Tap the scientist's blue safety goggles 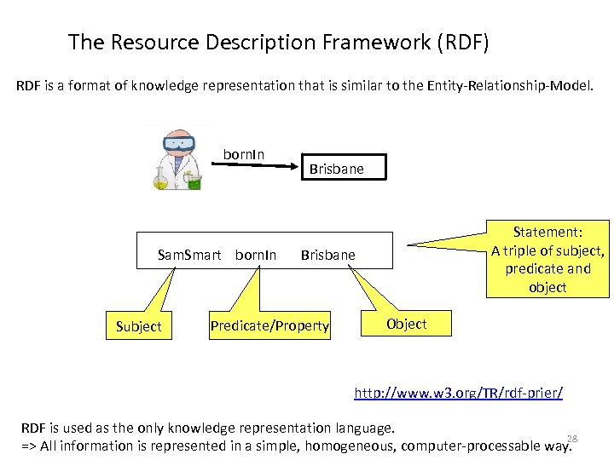179,143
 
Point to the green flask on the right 194,180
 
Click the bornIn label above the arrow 244,154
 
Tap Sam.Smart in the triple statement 189,255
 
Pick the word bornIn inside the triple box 256,255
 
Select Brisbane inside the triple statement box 328,255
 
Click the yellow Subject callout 138,326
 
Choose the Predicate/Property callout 269,325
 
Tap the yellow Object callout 407,324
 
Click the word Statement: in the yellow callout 547,232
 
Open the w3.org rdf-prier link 458,394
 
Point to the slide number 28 572,439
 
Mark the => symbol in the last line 29,446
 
